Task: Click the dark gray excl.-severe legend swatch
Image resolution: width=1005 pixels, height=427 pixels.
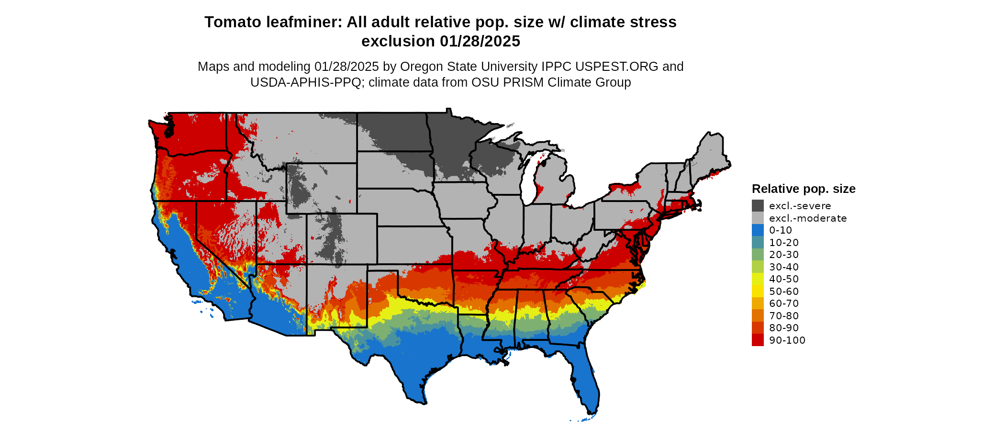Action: pos(758,206)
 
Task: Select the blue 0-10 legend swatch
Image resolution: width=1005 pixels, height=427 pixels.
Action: pos(758,230)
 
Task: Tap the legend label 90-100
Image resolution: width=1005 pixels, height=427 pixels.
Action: pos(787,340)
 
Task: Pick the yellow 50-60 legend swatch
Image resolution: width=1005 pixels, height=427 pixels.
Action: pos(758,291)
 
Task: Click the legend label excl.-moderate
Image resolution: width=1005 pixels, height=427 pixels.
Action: pos(807,218)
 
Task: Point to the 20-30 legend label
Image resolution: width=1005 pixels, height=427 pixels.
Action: pos(783,255)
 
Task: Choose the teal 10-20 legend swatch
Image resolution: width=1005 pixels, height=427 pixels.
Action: pos(758,242)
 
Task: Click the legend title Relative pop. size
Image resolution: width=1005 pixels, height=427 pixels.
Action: pos(804,189)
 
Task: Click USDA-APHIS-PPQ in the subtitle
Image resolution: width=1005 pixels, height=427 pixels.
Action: pos(306,82)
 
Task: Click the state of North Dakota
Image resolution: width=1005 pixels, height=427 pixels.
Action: pos(392,132)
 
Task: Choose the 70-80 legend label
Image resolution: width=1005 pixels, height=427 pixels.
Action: pos(783,316)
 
